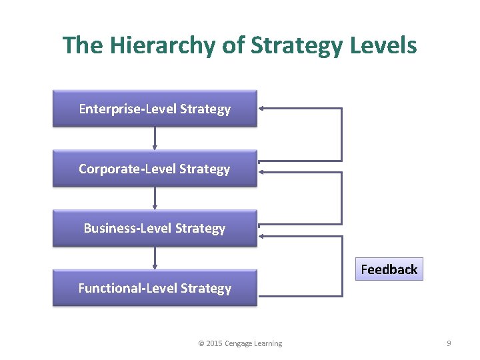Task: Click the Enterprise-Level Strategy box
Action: [155, 108]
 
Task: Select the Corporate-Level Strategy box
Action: [155, 168]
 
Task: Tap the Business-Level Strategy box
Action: [155, 228]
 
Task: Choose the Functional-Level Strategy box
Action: [155, 288]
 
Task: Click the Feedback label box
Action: [389, 269]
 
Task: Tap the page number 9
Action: [449, 343]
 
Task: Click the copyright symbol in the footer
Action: [201, 343]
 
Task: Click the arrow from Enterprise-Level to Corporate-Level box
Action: [155, 138]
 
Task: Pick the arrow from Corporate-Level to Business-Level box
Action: [155, 198]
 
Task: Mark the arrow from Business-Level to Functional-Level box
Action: [155, 258]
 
